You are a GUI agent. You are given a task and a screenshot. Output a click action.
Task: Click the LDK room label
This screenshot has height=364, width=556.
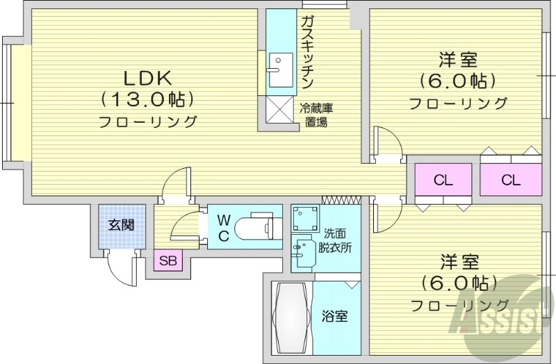147,76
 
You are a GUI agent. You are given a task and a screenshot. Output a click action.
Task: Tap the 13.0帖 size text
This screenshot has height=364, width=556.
147,99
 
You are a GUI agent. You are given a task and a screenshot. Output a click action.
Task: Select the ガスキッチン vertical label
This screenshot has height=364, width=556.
306,52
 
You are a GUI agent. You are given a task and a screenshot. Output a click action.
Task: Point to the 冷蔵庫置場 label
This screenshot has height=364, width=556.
316,116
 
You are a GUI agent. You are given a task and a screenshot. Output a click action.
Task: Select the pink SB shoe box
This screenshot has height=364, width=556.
167,261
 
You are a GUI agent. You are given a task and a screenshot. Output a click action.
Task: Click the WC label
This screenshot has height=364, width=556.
224,227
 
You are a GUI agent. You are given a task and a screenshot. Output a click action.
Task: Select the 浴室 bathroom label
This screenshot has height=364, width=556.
335,316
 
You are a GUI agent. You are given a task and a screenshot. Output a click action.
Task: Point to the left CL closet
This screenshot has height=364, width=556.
443,181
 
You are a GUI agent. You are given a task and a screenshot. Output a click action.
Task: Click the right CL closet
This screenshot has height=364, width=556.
511,181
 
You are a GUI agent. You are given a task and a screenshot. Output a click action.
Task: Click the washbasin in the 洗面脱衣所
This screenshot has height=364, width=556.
303,253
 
